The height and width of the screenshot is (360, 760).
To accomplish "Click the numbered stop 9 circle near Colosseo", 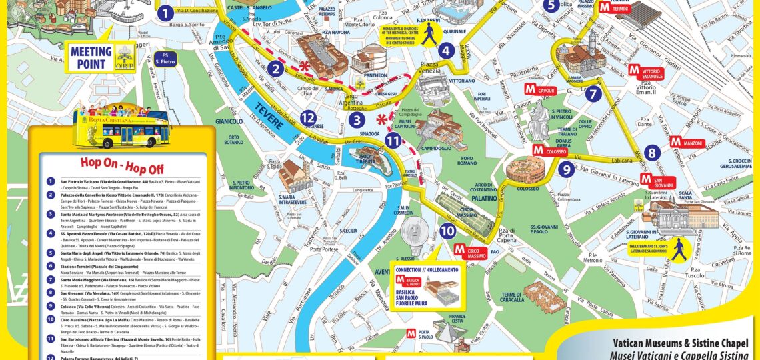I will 566,169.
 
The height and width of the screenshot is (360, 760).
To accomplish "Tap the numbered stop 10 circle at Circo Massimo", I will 448,231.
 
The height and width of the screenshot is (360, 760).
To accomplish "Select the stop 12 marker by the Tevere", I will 307,118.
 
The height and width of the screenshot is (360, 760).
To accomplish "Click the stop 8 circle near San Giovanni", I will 653,152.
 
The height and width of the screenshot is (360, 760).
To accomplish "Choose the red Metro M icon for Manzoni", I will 675,141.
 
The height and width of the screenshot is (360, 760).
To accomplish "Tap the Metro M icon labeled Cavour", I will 530,89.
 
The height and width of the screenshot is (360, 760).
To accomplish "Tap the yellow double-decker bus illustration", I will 123,125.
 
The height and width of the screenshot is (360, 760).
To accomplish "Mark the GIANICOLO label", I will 229,121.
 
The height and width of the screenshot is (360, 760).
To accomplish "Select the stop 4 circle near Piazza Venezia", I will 446,50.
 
